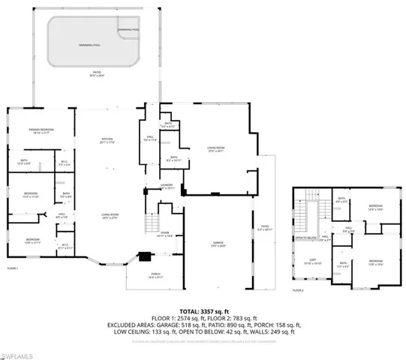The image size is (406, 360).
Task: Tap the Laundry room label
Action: click(x=167, y=187)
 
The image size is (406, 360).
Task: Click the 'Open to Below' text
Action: click(x=305, y=239)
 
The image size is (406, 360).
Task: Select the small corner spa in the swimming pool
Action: click(x=128, y=30)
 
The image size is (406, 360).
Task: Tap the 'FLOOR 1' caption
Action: click(x=13, y=268)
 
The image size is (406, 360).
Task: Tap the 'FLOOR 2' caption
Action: click(x=298, y=289)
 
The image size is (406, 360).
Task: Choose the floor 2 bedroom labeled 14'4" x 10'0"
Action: click(x=376, y=208)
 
